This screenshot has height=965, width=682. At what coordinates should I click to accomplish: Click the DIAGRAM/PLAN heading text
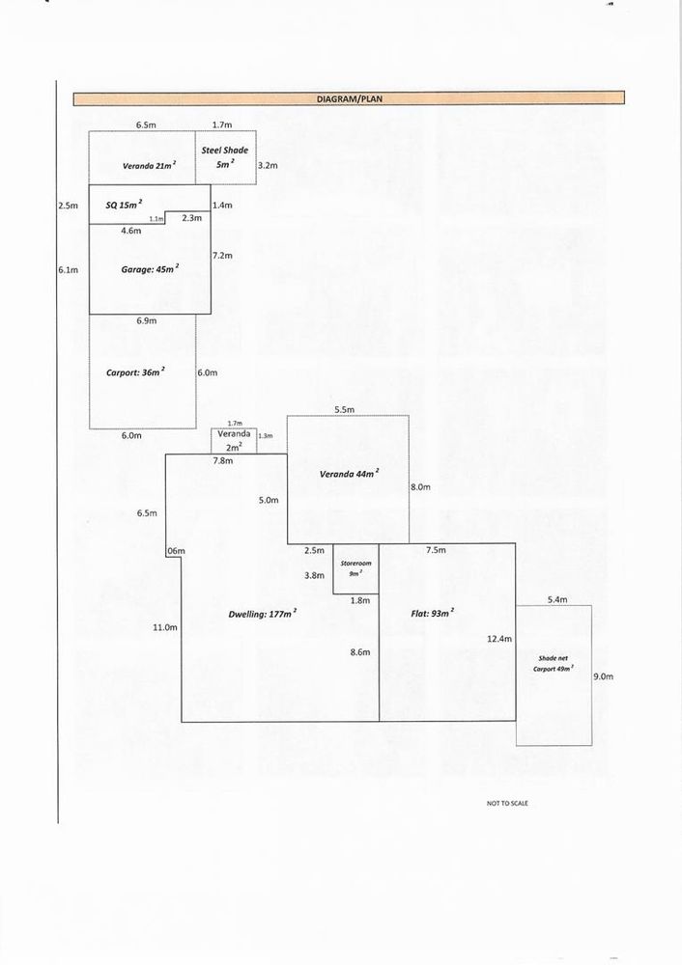(x=350, y=99)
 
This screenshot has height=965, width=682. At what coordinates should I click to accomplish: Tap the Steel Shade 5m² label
(x=225, y=156)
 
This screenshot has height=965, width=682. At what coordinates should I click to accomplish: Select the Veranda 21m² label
(x=149, y=166)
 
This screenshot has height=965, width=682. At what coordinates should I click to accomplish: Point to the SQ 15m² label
(x=124, y=205)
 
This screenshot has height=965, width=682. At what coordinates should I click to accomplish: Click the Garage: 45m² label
(x=150, y=270)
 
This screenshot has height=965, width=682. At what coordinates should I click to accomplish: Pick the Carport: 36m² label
(x=135, y=371)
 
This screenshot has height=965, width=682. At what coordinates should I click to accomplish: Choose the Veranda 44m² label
(x=349, y=474)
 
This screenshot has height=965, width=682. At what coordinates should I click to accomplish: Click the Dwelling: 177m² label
(x=263, y=613)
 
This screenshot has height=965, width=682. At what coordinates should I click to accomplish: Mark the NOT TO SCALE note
(x=508, y=803)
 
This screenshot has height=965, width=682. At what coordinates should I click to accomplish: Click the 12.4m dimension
(x=499, y=639)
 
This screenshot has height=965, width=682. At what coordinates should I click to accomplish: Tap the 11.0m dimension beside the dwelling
(x=164, y=627)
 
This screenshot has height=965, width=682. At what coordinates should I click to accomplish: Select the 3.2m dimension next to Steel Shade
(x=268, y=166)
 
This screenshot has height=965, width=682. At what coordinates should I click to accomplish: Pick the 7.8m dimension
(x=222, y=462)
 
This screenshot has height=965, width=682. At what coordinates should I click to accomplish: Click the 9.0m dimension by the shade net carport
(x=602, y=676)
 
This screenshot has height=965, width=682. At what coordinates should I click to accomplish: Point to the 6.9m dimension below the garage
(x=147, y=320)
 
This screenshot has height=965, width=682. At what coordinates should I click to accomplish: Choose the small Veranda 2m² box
(x=235, y=440)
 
